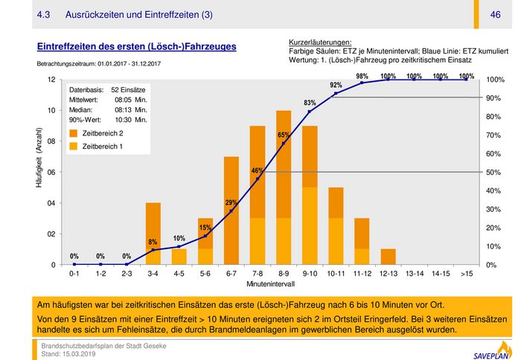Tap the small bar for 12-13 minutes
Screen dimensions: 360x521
(x=388, y=257)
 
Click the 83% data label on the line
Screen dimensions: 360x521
(x=310, y=103)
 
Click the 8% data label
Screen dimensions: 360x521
(x=153, y=242)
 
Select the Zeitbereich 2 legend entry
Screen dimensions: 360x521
(x=102, y=132)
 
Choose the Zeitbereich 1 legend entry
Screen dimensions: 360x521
(x=102, y=147)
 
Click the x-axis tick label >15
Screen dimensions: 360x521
(x=467, y=274)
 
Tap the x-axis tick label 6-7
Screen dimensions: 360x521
(x=231, y=274)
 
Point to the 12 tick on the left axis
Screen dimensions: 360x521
(x=51, y=80)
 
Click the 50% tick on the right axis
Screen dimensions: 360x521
(x=493, y=173)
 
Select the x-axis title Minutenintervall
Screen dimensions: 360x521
(x=270, y=285)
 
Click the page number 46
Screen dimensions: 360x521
(x=495, y=15)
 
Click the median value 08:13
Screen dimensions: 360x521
(x=124, y=109)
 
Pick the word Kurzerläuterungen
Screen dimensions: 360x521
(x=319, y=42)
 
